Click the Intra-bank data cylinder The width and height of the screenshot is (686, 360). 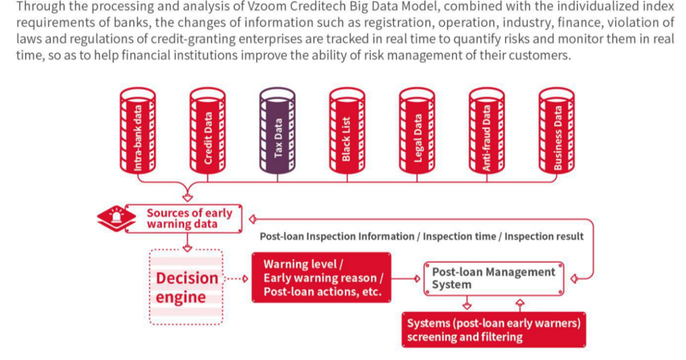tap(138, 130)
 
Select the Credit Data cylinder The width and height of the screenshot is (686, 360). tap(208, 130)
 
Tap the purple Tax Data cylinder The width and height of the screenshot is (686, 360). tap(277, 130)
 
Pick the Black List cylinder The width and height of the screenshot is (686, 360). tap(347, 130)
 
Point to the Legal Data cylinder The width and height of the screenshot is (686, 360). tap(417, 130)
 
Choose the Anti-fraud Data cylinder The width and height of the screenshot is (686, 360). tap(487, 130)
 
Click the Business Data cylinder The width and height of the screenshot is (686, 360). tap(556, 130)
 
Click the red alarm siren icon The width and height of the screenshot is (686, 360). tap(117, 218)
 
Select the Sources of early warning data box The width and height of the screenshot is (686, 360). tap(183, 218)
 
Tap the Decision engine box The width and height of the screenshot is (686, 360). tap(186, 287)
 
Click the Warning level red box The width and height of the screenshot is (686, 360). tap(322, 278)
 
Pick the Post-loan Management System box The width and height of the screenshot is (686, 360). tap(494, 279)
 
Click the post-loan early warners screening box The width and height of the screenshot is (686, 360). tap(494, 330)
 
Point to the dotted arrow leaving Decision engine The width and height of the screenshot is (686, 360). tap(236, 279)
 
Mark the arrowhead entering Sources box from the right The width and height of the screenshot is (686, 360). tap(252, 219)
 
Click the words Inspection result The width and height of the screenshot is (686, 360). tap(543, 237)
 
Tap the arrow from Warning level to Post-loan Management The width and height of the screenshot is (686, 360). tap(406, 279)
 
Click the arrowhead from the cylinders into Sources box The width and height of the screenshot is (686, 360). tap(188, 198)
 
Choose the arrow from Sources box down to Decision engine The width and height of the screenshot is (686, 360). tap(188, 242)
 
